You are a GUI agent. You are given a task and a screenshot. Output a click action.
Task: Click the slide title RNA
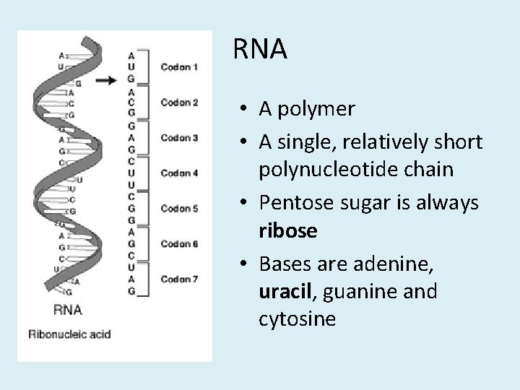click(261, 50)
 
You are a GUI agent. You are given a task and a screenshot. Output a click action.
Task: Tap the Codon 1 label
click(180, 67)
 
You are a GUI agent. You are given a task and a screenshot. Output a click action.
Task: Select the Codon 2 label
click(180, 103)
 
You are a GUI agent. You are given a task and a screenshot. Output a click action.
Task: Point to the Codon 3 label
click(180, 137)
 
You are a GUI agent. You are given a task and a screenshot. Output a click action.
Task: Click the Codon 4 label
click(180, 173)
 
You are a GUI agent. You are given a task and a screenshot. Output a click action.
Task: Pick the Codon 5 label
click(180, 209)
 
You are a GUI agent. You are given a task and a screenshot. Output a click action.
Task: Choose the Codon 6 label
click(180, 243)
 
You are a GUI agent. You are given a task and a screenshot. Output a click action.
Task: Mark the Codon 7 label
click(180, 279)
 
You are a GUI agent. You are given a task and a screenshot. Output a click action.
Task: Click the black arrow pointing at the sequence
click(107, 79)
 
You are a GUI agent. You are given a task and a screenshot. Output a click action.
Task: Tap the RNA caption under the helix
click(68, 310)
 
